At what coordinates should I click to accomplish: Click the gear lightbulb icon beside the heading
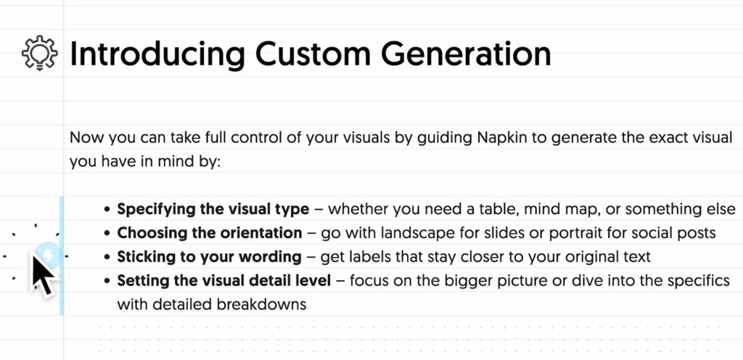(x=40, y=53)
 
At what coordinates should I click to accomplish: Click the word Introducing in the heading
(x=157, y=54)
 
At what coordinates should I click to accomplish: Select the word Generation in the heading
(x=466, y=54)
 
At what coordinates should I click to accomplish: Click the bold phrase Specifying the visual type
(x=213, y=209)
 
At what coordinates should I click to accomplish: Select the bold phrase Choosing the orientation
(x=210, y=233)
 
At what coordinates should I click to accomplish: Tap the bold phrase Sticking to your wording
(x=210, y=257)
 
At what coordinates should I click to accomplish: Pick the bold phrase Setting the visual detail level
(x=224, y=280)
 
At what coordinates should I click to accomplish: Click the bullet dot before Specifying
(x=107, y=209)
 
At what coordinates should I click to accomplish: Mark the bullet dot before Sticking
(x=107, y=257)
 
